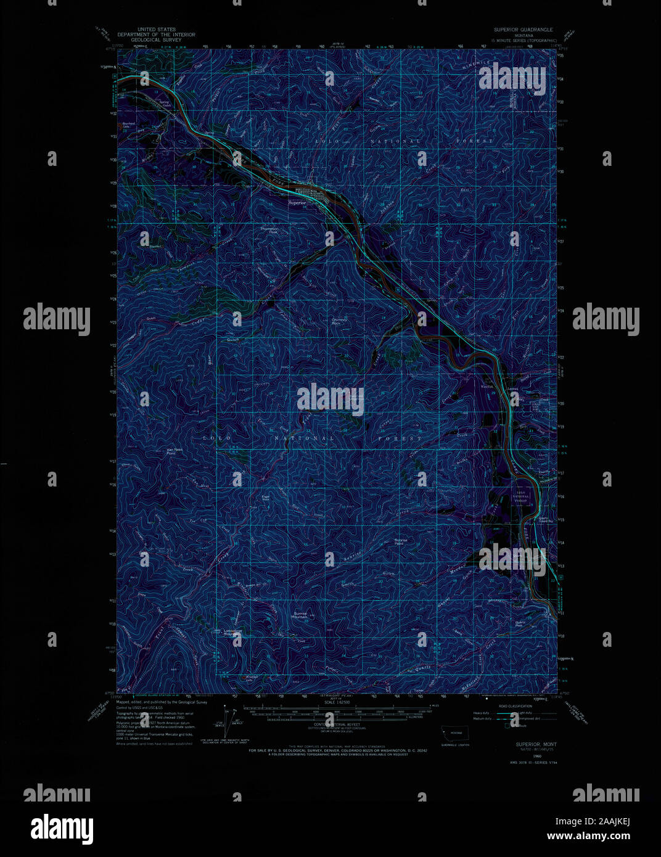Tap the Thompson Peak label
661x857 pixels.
(269, 229)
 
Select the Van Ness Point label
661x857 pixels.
(176, 451)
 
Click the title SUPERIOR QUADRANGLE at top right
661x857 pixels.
(523, 30)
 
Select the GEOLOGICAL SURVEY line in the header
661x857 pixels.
(158, 39)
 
